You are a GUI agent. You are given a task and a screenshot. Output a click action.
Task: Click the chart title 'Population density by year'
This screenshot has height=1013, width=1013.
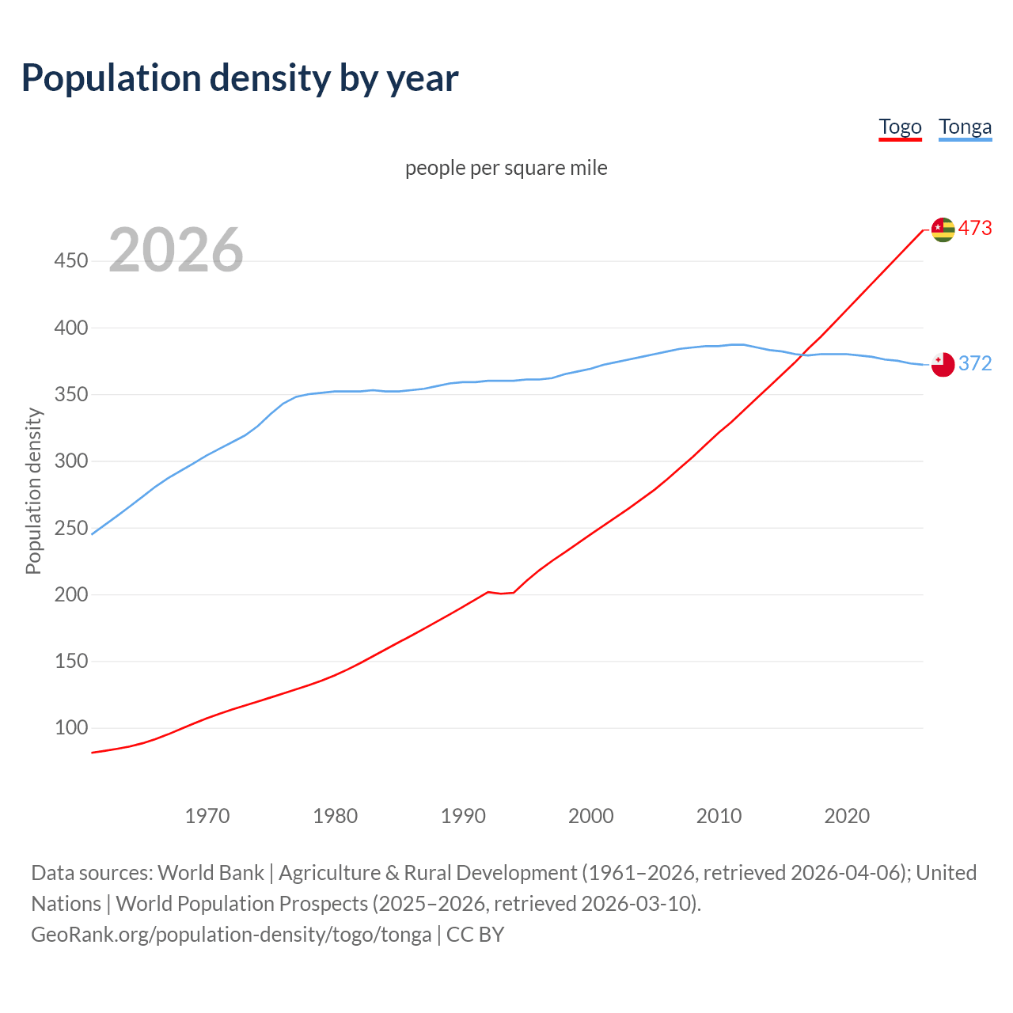coord(240,78)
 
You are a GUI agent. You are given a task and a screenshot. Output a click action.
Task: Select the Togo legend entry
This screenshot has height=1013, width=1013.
coord(900,127)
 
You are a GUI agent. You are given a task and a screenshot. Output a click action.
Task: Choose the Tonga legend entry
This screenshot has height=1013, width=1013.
coord(965,127)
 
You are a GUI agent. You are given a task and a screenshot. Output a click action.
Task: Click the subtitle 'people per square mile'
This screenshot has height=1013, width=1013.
coord(506,168)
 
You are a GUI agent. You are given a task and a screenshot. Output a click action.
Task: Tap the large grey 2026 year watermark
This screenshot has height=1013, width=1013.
coord(176,250)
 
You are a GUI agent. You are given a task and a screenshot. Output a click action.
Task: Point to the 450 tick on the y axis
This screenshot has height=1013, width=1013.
coord(70,260)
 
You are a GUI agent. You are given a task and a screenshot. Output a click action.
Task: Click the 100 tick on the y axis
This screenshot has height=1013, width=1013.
coord(70,727)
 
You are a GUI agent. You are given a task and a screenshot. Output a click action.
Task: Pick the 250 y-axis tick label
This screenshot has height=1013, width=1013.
coord(70,527)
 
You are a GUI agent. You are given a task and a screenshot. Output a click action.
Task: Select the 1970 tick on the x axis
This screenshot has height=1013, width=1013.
coord(207,815)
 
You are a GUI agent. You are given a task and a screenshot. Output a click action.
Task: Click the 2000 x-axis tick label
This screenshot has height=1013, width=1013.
coord(590,815)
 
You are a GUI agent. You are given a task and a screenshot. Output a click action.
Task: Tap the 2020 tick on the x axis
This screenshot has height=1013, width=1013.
coord(847,815)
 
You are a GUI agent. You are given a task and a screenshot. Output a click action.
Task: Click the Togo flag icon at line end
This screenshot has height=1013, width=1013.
coord(943,230)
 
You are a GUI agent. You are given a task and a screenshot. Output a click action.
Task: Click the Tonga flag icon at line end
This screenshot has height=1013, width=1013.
coord(943,364)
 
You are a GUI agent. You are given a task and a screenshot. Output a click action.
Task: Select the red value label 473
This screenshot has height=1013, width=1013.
coord(975,229)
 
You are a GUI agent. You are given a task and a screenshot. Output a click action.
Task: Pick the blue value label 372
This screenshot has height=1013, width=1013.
coord(975,363)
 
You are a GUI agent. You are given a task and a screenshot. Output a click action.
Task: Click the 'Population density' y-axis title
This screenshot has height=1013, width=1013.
coord(33,491)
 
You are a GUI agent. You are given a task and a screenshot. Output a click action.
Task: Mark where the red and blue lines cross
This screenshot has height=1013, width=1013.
coord(803,355)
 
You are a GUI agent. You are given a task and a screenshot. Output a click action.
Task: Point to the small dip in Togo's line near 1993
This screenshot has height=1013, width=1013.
coord(501,593)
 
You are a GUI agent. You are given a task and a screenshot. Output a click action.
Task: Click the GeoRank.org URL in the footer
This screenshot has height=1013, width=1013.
coord(231,935)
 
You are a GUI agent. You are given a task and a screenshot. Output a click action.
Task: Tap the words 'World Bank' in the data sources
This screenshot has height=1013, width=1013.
coord(211,873)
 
